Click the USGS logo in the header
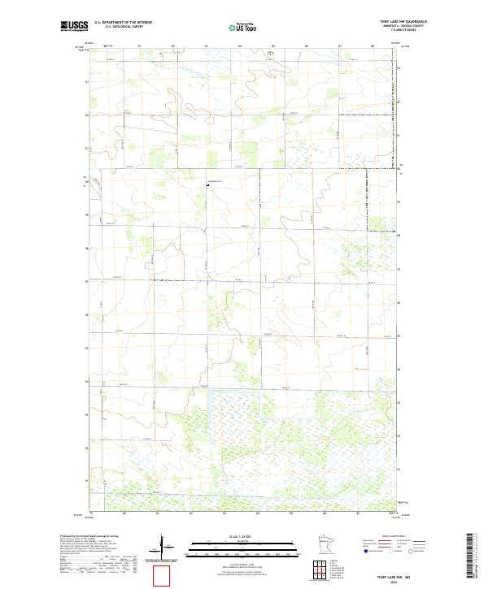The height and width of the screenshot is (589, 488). coord(74,26)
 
